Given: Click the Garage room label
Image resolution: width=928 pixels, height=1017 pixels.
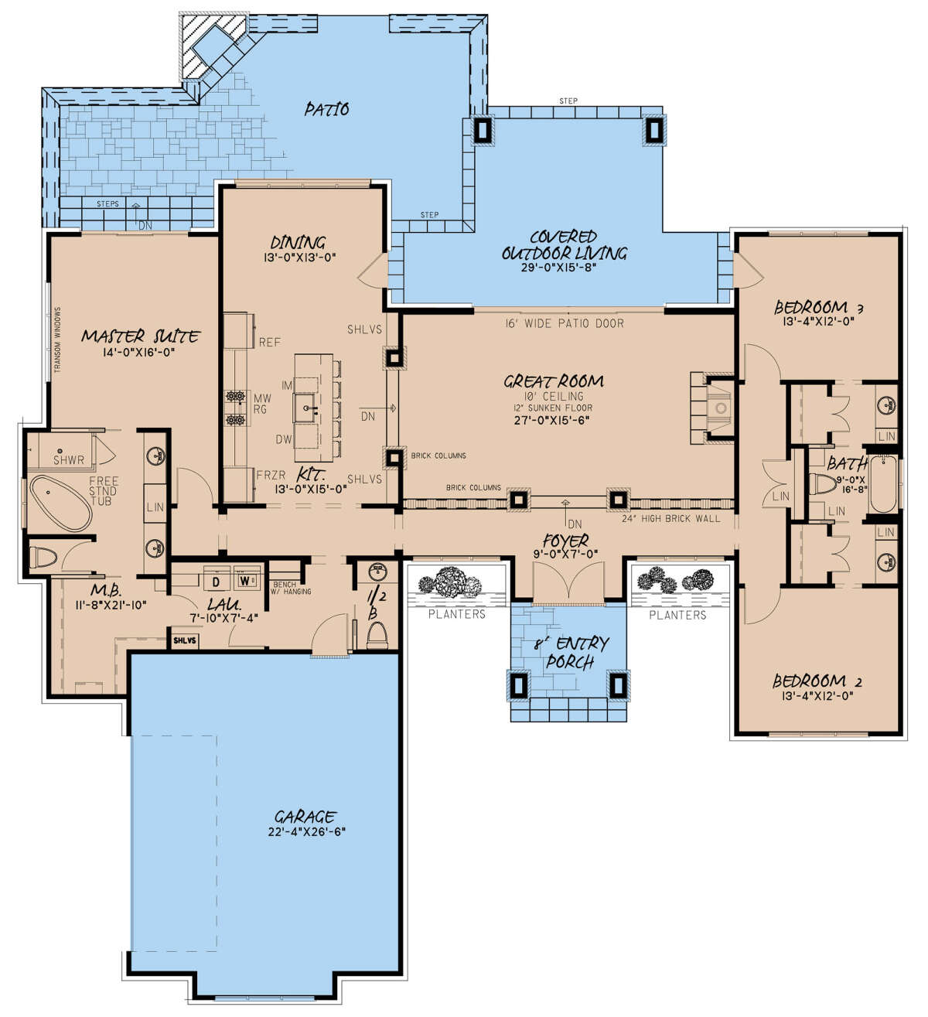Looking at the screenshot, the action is click(x=305, y=816).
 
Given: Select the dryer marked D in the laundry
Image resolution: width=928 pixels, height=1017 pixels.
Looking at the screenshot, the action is click(x=217, y=581).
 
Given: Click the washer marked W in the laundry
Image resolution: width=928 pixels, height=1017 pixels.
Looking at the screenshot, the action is click(x=245, y=579).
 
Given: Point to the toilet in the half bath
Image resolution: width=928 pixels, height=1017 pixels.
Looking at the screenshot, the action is click(x=377, y=635).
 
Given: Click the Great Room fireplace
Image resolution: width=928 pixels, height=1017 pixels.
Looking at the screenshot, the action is click(x=712, y=408).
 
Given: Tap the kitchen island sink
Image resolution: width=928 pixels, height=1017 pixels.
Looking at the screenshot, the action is click(x=307, y=407).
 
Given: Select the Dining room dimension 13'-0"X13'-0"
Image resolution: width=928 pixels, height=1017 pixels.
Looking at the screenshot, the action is click(x=300, y=258).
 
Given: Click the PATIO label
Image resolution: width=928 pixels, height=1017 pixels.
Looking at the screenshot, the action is click(x=326, y=109).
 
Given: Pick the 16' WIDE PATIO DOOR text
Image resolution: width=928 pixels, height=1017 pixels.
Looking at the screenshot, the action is click(x=565, y=323).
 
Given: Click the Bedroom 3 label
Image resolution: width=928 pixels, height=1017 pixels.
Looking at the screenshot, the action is click(x=818, y=307).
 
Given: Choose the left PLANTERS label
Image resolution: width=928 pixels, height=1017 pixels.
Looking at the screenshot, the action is click(x=457, y=615).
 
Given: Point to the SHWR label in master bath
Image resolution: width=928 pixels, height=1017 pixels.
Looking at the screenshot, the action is click(x=69, y=460).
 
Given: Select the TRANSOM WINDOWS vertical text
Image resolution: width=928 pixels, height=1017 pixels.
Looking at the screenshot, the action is click(x=57, y=340).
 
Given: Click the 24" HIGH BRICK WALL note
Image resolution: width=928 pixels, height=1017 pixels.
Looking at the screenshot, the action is click(x=671, y=518).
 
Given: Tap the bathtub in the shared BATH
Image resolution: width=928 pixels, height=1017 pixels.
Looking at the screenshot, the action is click(x=884, y=484).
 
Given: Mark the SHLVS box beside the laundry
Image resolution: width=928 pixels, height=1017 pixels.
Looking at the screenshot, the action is click(x=185, y=641).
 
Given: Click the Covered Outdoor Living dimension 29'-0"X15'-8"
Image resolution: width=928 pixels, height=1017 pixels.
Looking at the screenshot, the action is click(x=558, y=267).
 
